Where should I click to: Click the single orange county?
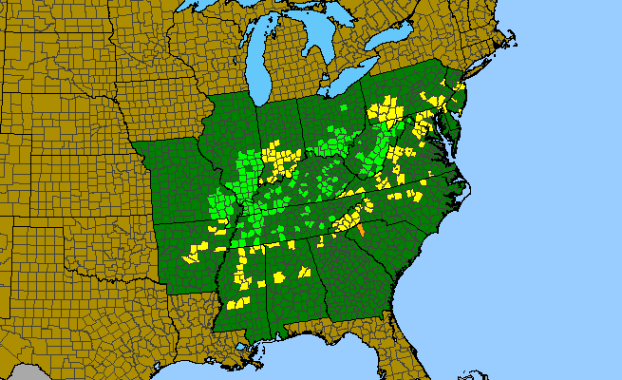(362, 229)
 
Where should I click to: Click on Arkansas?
(191, 253)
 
